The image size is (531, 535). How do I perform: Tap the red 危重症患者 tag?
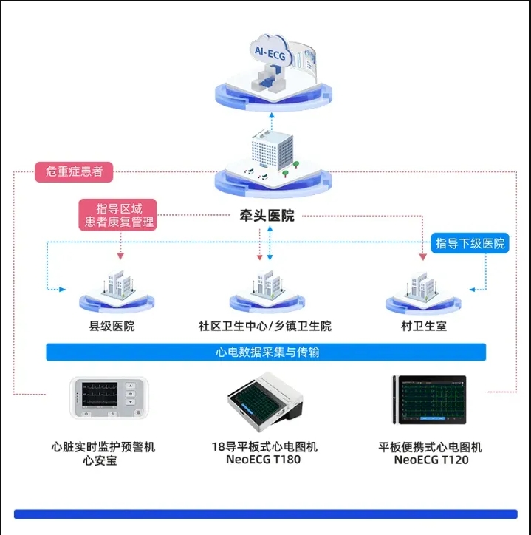74,171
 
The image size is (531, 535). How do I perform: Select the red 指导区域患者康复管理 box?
120,214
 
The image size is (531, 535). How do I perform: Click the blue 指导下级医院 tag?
470,243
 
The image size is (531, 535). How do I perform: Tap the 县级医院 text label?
112,325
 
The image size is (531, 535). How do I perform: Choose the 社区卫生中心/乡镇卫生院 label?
264,325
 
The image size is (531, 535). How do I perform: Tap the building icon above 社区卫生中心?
265,285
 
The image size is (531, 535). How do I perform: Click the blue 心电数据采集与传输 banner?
266,352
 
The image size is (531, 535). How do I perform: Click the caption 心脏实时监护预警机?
103,446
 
